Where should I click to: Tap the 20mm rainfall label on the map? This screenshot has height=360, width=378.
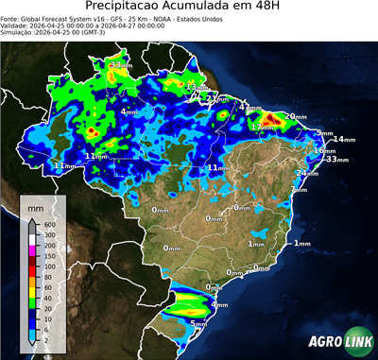point(296,116)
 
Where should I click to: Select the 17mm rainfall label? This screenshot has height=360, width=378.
point(262,127)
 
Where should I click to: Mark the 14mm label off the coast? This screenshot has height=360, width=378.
point(342,140)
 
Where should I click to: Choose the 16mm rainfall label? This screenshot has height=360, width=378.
point(324,150)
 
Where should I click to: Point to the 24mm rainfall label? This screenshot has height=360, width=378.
point(306,173)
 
